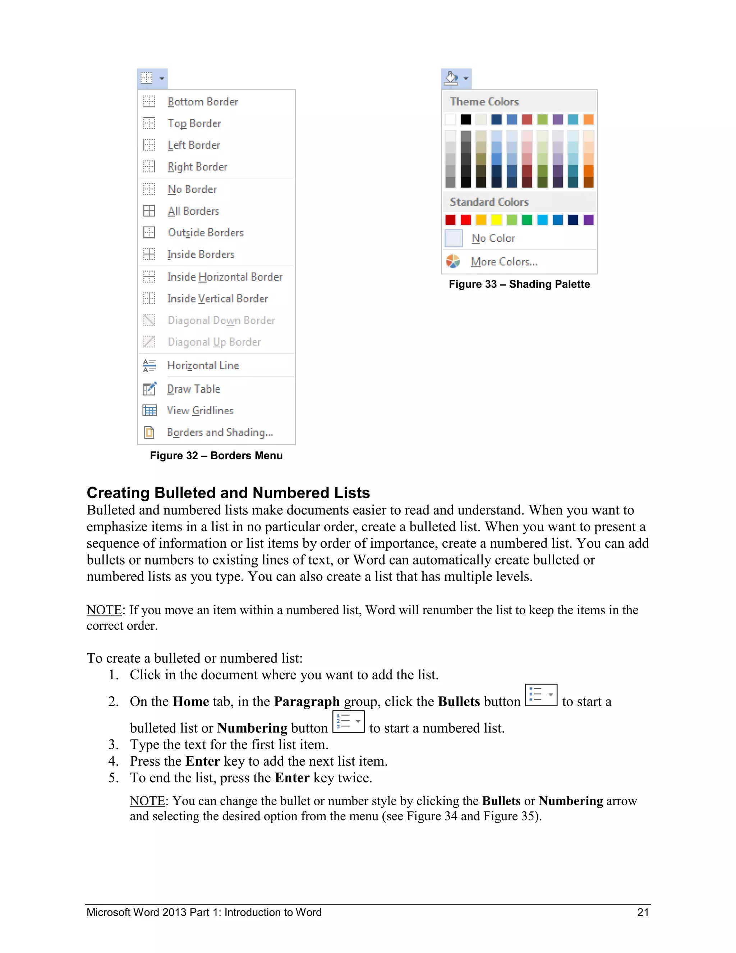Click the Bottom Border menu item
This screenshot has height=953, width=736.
click(x=203, y=102)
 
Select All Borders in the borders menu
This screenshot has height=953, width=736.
click(x=193, y=211)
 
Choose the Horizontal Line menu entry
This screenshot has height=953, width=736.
click(x=203, y=366)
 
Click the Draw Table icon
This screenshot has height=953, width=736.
click(x=149, y=389)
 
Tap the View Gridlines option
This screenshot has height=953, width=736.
click(x=200, y=411)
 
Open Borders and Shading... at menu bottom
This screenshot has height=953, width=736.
click(x=220, y=432)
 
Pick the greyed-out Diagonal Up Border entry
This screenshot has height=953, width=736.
click(x=214, y=342)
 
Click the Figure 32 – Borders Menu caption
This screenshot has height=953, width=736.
click(x=216, y=456)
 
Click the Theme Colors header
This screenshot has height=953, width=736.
click(x=484, y=102)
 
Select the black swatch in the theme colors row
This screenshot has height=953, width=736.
click(x=466, y=119)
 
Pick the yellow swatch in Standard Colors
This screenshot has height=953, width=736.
click(x=496, y=219)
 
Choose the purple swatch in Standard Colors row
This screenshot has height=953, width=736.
click(x=588, y=219)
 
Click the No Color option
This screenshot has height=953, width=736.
click(x=493, y=238)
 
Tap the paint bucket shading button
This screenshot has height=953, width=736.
click(x=451, y=78)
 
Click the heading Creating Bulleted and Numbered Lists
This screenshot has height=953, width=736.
click(x=228, y=493)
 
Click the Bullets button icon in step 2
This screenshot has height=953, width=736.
click(x=540, y=695)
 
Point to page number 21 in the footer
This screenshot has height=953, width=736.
click(x=643, y=912)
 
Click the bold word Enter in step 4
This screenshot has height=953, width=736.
click(x=202, y=761)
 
